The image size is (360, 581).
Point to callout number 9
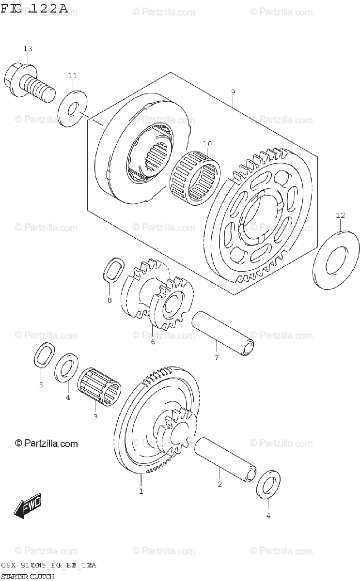point(233,92)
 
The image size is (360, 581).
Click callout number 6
point(153,342)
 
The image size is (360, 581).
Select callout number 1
point(141,491)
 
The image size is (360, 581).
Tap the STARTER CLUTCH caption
point(27,576)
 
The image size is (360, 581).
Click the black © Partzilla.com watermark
point(47,443)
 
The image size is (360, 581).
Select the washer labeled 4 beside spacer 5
point(67,368)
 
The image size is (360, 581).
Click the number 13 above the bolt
point(28,49)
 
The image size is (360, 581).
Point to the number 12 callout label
point(340,215)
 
